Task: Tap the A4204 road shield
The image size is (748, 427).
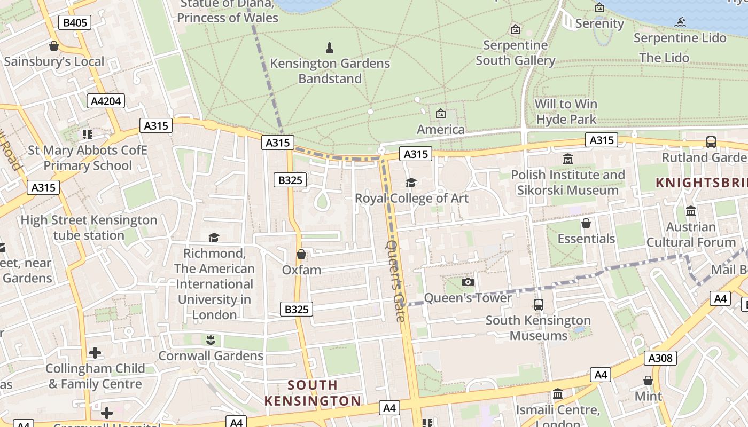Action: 106,101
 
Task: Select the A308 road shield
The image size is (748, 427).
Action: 660,358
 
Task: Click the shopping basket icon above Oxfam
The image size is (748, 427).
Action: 301,254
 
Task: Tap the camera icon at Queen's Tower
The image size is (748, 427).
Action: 467,282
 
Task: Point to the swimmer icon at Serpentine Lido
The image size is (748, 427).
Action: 680,22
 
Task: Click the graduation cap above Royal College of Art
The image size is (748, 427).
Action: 411,183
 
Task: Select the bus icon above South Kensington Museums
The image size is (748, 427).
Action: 538,305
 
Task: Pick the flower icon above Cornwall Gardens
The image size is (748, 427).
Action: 211,340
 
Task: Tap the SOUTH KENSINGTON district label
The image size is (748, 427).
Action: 313,393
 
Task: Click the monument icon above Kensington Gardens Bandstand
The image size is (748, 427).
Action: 330,48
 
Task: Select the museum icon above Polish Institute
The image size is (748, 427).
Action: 567,159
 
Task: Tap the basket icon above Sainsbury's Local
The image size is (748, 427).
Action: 53,46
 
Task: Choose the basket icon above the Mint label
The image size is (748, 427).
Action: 648,381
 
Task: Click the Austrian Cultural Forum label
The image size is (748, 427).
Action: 691,234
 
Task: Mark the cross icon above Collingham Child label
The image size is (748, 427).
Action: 95,353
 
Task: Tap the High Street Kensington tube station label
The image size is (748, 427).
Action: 89,227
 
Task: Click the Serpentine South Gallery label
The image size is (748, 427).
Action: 515,53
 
